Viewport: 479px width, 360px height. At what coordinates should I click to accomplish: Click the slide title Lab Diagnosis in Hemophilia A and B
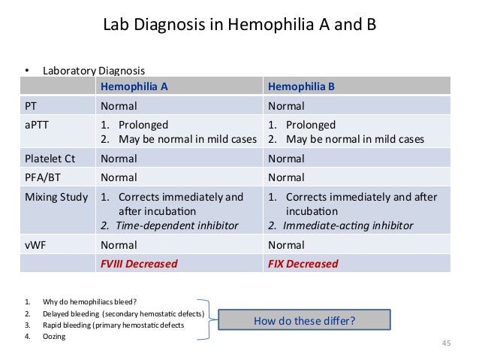tap(239, 26)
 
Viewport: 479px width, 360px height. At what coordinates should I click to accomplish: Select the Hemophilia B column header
tap(301, 86)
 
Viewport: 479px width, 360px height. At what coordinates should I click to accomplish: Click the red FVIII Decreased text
tap(139, 264)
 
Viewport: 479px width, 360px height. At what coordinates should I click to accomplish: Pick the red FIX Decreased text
tap(303, 264)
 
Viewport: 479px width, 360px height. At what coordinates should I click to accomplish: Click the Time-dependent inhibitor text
tap(174, 225)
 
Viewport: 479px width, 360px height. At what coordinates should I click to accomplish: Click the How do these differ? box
tap(304, 320)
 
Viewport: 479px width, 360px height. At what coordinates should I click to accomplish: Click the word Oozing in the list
tap(54, 337)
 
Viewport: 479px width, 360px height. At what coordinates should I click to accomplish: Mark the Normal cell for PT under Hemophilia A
tap(119, 106)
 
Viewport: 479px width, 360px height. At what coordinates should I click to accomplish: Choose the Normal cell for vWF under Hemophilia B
tap(286, 244)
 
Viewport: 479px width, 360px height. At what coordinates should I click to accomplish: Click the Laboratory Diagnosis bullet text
tap(93, 71)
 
